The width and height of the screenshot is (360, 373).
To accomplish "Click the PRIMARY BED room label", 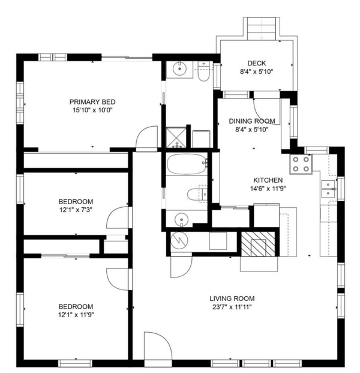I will click(92, 102).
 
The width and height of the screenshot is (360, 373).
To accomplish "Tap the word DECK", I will click(256, 63).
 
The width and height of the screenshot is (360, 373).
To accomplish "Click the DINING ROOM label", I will click(252, 121).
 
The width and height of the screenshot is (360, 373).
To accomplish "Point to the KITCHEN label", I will click(268, 180).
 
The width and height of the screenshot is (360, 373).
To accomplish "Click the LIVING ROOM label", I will click(232, 299).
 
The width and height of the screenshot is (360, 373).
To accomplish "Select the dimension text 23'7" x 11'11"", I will click(232, 307).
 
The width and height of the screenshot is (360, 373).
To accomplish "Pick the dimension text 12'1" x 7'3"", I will click(76, 210).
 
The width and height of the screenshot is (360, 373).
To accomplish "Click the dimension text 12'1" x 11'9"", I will click(76, 314).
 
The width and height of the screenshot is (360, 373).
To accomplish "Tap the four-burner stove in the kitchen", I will click(301, 163).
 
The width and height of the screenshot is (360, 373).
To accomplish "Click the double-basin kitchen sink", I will click(328, 189).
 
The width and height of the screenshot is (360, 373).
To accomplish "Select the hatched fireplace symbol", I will click(259, 243).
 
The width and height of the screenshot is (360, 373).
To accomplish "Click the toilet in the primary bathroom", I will click(202, 75).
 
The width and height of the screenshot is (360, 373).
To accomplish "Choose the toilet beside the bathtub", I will click(196, 194).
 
